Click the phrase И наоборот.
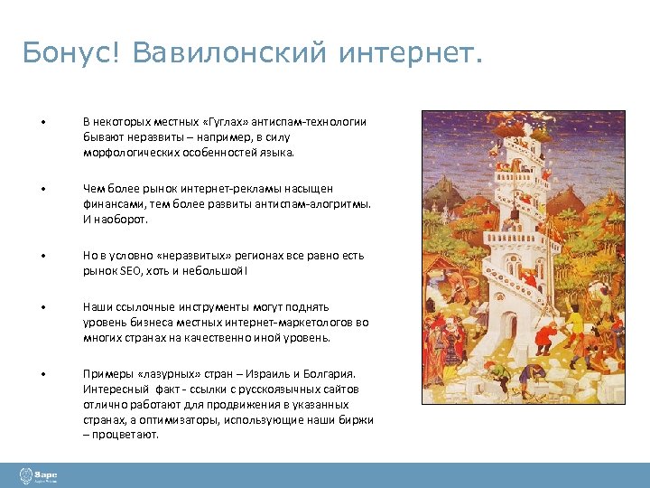click(x=113, y=220)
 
